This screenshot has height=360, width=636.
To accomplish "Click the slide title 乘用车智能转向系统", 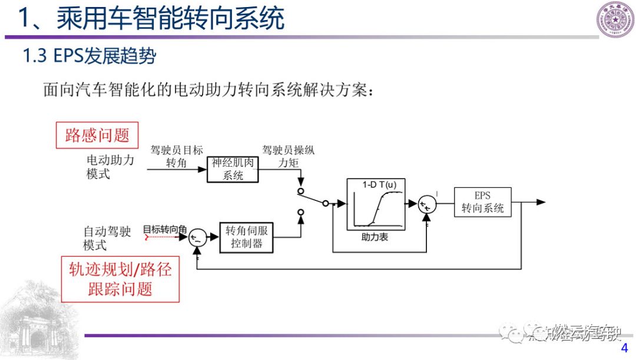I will (151, 18).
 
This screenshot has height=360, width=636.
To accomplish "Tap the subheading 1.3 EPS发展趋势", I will (89, 56).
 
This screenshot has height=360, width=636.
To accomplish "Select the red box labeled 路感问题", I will (97, 136).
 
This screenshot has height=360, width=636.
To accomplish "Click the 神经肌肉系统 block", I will (233, 169).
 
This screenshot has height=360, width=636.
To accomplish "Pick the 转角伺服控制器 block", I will (247, 237).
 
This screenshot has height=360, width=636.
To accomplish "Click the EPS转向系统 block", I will (482, 202).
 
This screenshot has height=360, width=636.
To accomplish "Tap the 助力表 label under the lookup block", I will (375, 237).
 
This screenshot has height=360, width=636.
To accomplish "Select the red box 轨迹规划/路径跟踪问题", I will (120, 279).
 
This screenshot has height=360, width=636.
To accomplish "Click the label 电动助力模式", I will (110, 167).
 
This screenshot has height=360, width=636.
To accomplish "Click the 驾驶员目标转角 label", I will (177, 156).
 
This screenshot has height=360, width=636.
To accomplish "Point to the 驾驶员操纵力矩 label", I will (289, 156).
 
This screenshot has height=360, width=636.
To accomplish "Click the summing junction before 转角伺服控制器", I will (197, 237).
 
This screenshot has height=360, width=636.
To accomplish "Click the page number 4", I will (625, 349).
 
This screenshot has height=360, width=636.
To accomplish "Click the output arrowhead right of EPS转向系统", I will (541, 202).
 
